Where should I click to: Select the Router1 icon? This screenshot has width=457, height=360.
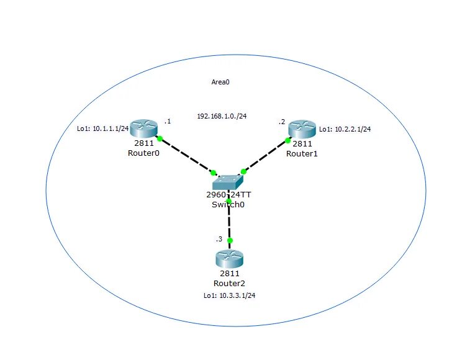point(302,129)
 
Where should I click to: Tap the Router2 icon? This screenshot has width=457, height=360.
point(229,258)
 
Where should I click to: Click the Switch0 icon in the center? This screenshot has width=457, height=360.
point(230,181)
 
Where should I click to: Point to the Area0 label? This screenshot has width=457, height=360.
point(221,81)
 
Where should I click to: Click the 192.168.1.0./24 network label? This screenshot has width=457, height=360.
point(222,116)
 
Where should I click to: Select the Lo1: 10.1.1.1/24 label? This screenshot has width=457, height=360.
point(102,129)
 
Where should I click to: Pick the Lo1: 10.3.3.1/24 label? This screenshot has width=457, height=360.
point(230,295)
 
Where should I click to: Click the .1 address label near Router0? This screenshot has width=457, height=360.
point(167,121)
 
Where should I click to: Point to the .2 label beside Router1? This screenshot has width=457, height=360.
point(282,122)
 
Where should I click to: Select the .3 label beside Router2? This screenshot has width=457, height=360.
point(218,239)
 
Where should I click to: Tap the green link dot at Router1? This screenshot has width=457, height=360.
point(288,140)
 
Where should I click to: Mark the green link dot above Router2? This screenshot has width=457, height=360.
point(230,240)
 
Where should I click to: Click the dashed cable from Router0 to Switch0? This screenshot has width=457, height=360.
point(186,155)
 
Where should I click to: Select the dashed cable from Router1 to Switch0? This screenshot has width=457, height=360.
point(266,155)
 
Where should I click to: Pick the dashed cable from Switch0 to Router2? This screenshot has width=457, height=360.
point(230,221)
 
